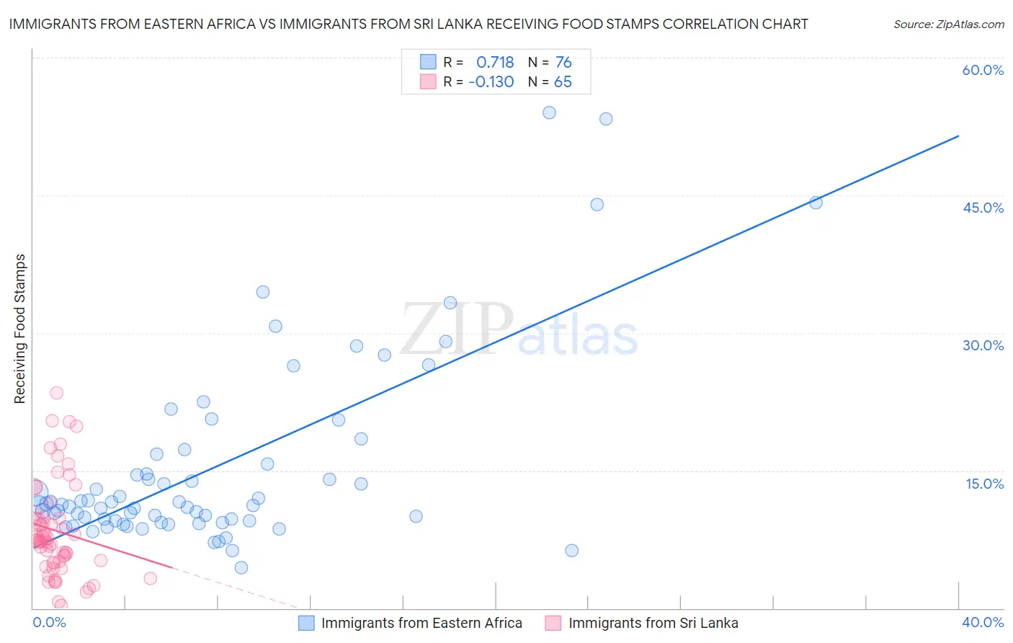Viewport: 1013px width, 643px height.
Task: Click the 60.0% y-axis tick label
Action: tap(983, 70)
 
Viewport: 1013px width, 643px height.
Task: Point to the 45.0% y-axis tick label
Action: tap(983, 208)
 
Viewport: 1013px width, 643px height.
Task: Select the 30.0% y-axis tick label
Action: tap(983, 345)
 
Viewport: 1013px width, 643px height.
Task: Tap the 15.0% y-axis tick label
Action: tap(984, 484)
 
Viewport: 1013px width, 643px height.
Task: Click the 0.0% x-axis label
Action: tap(49, 622)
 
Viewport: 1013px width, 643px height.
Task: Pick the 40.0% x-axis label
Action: tap(982, 622)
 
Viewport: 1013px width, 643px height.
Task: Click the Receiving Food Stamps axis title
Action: tap(19, 329)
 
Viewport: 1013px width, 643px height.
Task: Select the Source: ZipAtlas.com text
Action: tap(948, 24)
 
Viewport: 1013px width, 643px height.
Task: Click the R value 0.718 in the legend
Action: tap(495, 62)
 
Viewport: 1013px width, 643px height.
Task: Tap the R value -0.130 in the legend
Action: tap(491, 81)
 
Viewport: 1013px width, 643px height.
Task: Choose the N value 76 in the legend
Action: tap(563, 62)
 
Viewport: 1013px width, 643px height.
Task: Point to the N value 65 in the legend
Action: tap(563, 81)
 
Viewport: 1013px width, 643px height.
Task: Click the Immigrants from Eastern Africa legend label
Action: tap(421, 623)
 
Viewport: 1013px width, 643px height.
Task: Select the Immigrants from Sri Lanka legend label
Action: tap(653, 623)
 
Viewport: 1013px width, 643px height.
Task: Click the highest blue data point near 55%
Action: tap(549, 112)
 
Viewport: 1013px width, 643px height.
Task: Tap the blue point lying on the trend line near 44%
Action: tap(816, 203)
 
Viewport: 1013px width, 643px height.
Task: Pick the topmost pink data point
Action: tap(56, 393)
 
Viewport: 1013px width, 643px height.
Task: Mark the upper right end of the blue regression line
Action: tap(958, 136)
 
